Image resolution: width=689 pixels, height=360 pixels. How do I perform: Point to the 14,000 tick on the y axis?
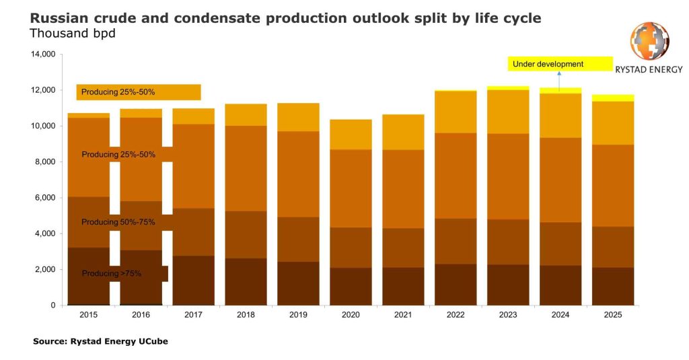pyautogui.click(x=42, y=55)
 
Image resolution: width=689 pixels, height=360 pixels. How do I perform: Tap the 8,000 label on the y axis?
pyautogui.click(x=45, y=162)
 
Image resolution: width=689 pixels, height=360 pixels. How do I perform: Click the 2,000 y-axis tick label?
pyautogui.click(x=45, y=270)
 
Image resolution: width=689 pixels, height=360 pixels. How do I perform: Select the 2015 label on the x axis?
pyautogui.click(x=89, y=315)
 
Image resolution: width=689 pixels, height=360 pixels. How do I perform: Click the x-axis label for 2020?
pyautogui.click(x=351, y=315)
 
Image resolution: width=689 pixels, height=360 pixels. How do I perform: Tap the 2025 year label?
pyautogui.click(x=613, y=315)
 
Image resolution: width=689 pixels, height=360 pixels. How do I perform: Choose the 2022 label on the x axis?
pyautogui.click(x=456, y=315)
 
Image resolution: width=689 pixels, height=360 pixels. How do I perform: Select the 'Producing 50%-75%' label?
pyautogui.click(x=118, y=222)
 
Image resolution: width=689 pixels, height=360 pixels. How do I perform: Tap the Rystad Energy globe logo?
pyautogui.click(x=649, y=40)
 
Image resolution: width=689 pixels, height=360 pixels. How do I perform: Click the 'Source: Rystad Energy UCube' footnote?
pyautogui.click(x=100, y=342)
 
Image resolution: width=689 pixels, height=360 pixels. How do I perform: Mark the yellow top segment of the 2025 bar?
pyautogui.click(x=613, y=98)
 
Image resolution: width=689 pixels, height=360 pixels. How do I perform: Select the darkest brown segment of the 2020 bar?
pyautogui.click(x=351, y=287)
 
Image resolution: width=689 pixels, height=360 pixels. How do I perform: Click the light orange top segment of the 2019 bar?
pyautogui.click(x=298, y=117)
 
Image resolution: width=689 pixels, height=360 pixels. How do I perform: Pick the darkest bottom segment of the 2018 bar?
pyautogui.click(x=246, y=282)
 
